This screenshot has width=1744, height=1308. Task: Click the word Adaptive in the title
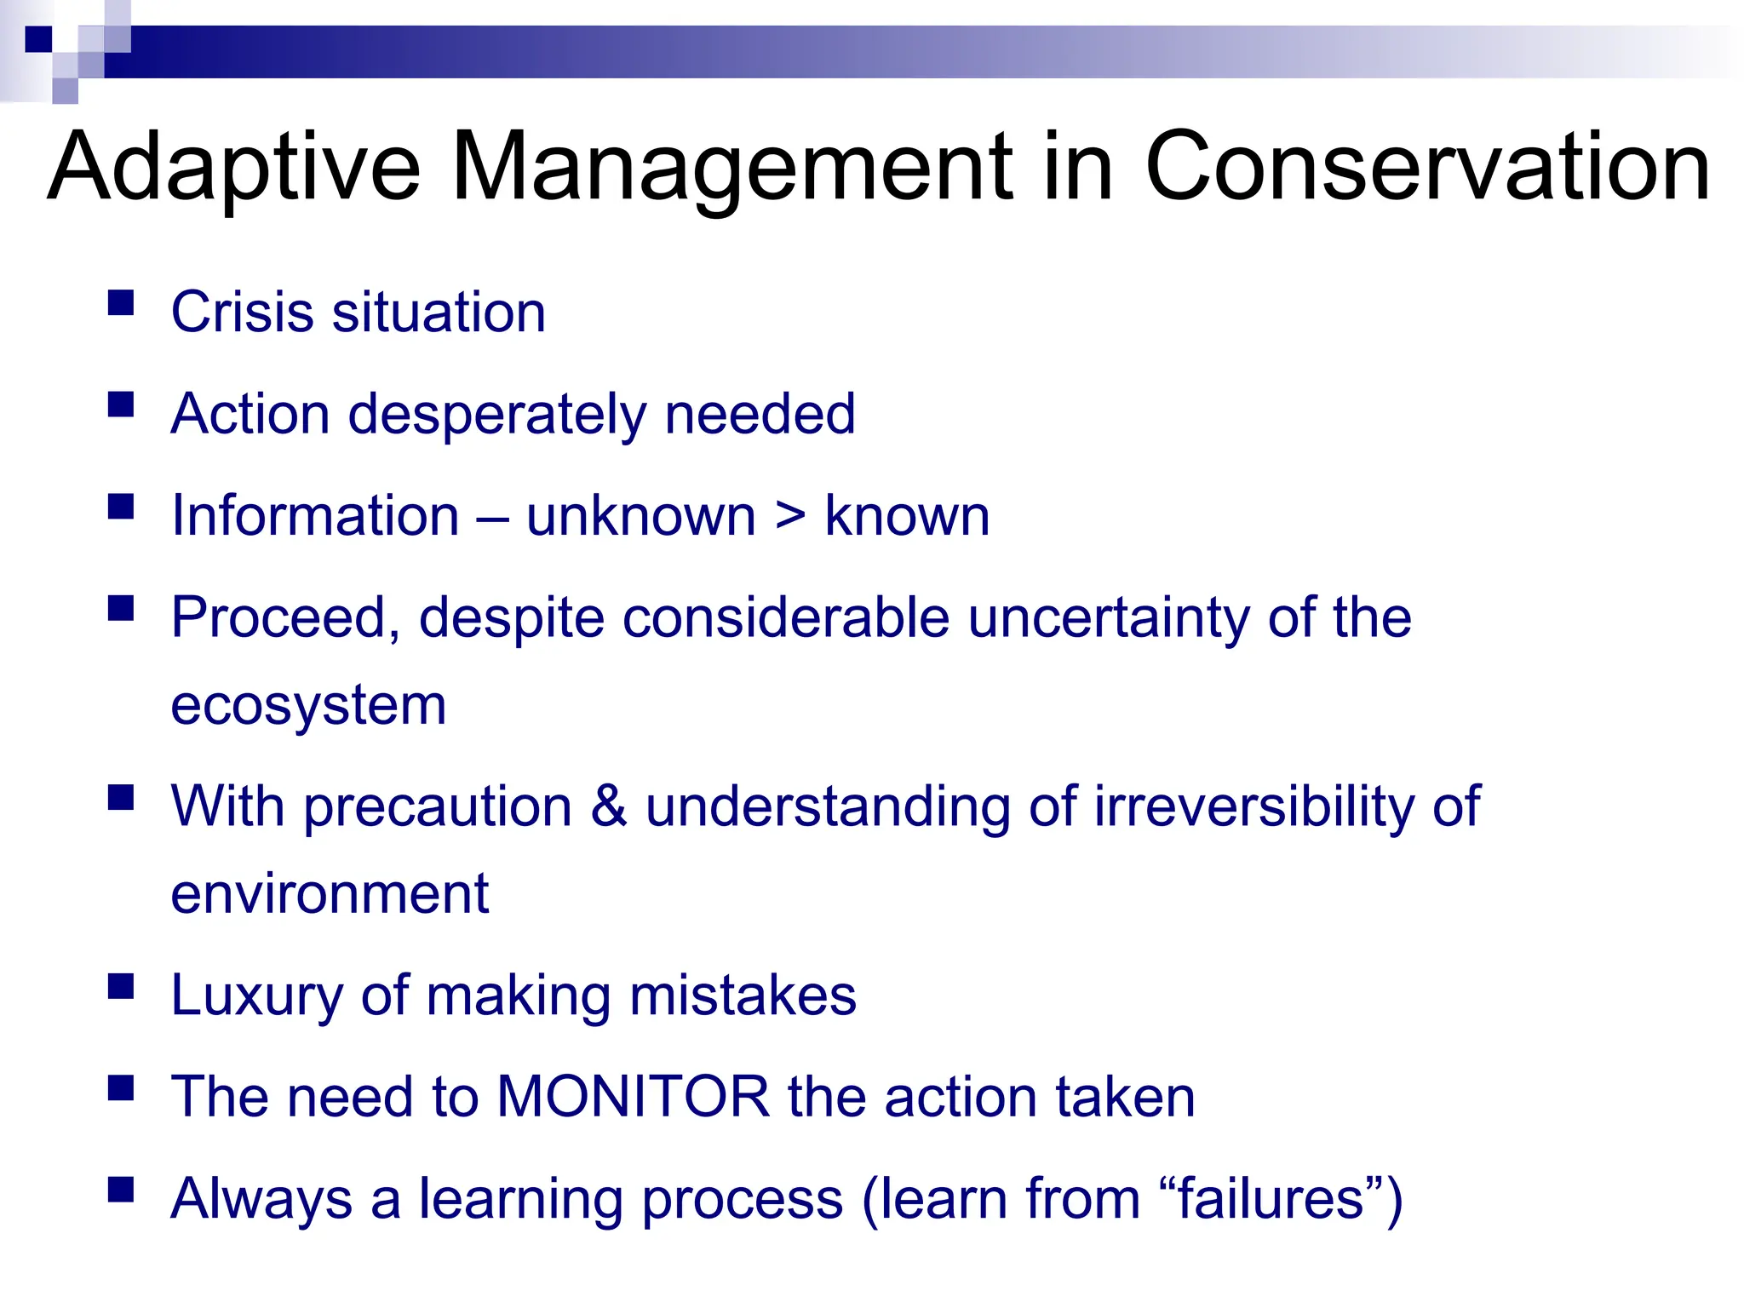click(x=234, y=169)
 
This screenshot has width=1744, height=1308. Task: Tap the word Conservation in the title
click(x=1427, y=169)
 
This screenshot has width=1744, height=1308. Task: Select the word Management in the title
click(x=731, y=169)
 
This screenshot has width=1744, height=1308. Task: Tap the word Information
click(x=315, y=516)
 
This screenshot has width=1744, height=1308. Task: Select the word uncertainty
click(x=1108, y=617)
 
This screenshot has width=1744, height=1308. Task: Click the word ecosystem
click(x=308, y=707)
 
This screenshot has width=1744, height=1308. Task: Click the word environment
click(x=330, y=894)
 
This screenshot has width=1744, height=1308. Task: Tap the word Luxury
click(x=256, y=995)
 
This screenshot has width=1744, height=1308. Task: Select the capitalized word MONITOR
click(x=633, y=1097)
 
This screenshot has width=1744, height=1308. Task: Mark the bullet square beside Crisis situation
click(x=121, y=303)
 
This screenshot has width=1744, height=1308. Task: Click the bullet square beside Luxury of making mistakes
click(x=121, y=986)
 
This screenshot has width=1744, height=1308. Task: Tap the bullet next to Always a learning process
click(x=121, y=1189)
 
